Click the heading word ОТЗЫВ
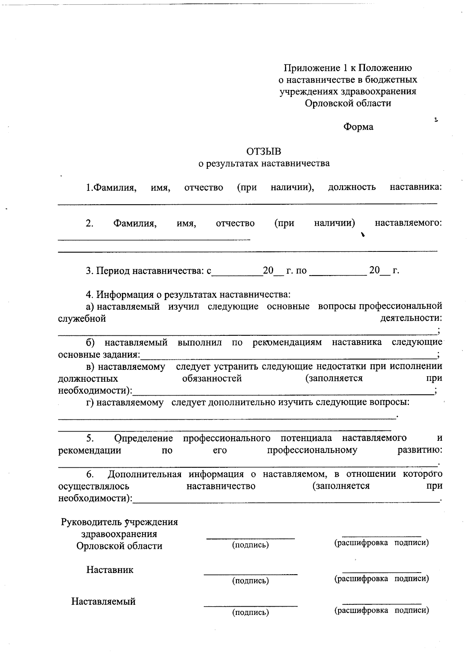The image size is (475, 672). coord(264,152)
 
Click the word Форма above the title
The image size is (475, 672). coord(358,127)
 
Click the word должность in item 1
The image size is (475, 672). coord(352,187)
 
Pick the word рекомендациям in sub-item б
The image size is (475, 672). coord(287,342)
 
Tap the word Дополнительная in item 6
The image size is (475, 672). coord(144,474)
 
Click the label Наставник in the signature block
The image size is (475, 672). coord(110,570)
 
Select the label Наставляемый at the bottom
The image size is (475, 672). coord(103,602)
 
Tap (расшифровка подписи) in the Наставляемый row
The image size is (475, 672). coord(382,610)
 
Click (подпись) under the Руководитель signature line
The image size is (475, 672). coord(250,545)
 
